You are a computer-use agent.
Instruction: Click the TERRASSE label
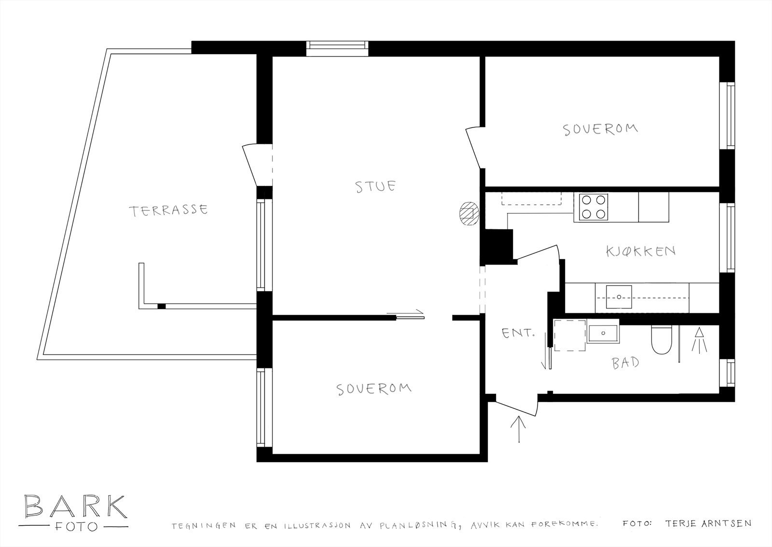tap(168, 210)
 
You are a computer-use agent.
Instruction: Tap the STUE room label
tap(376, 186)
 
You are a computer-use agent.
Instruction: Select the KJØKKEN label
tap(640, 251)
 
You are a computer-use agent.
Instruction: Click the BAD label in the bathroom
tap(626, 363)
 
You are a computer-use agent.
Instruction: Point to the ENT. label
tap(519, 333)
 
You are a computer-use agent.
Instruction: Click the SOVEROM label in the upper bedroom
tap(600, 129)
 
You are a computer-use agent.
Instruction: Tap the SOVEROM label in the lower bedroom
tap(374, 389)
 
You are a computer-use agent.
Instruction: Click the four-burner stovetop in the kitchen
tap(593, 207)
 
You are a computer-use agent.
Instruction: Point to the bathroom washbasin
tap(604, 333)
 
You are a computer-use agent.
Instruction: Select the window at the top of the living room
tap(337, 48)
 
